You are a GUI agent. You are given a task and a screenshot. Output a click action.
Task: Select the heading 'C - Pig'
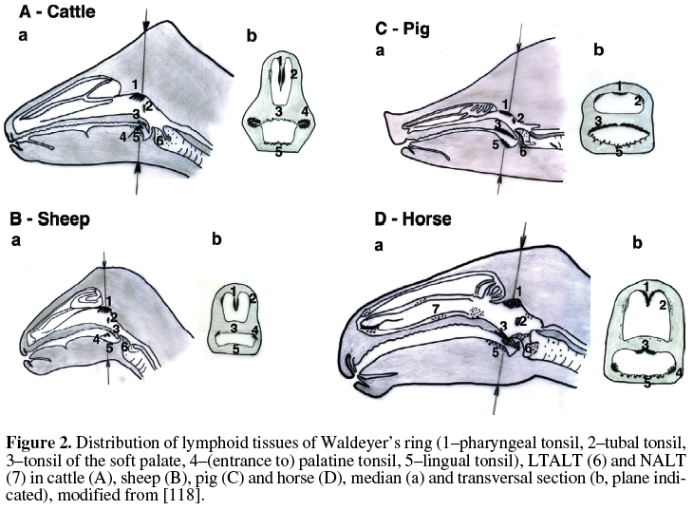403,29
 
